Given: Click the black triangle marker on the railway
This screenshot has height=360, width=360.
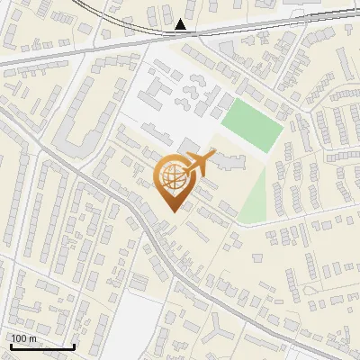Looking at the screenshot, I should tap(182, 24).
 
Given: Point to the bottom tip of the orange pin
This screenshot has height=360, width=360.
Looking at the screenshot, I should tap(172, 211).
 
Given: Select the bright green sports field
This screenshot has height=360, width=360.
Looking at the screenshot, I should tap(253, 124).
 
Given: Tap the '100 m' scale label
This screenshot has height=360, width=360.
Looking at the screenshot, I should tap(23, 338).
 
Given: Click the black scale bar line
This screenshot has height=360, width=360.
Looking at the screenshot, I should tap(42, 346).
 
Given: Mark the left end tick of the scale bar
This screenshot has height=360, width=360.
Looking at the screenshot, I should tap(11, 345).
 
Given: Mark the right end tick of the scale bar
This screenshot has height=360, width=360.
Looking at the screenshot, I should tap(74, 345).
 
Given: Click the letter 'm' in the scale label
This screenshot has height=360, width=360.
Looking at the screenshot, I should tap(32, 338).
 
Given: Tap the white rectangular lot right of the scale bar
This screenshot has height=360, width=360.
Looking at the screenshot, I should tap(135, 324).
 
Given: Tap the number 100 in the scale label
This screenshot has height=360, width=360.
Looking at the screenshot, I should tap(20, 338).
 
